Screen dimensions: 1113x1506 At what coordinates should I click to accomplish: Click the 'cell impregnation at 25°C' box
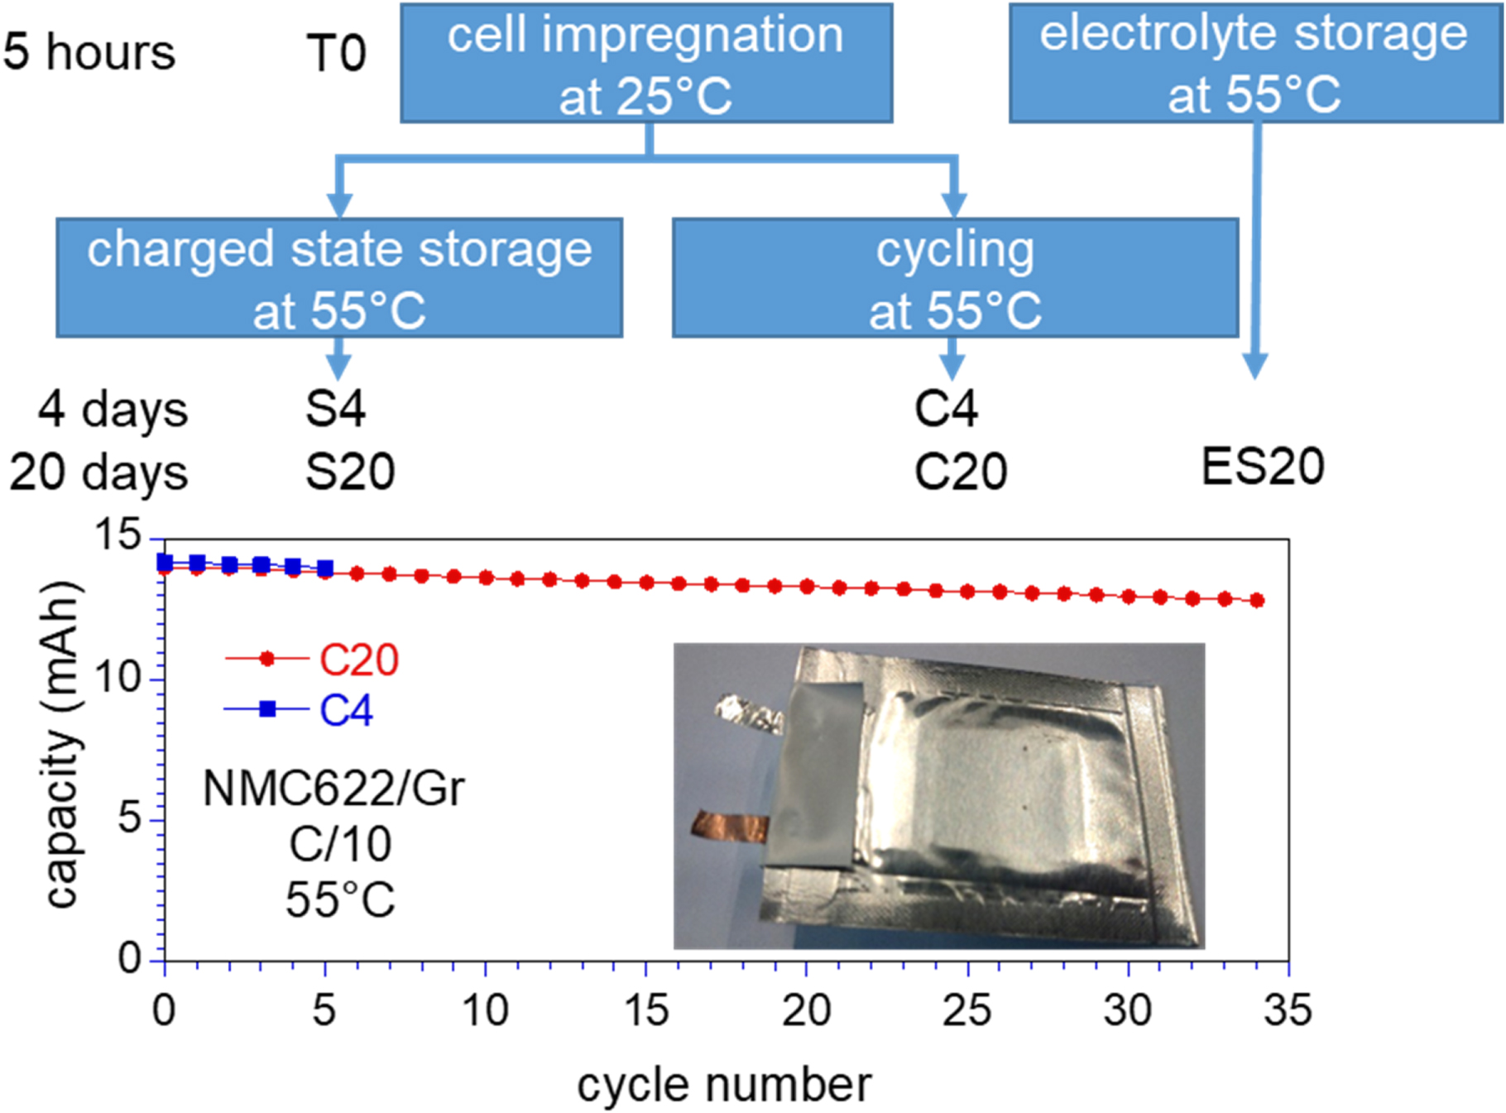click(646, 64)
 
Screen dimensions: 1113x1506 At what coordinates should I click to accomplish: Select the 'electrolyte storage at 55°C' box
click(1254, 63)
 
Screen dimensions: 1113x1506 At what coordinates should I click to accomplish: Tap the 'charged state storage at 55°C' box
click(339, 278)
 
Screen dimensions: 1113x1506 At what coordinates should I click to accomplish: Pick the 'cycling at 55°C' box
click(955, 278)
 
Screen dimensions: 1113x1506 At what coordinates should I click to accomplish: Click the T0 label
click(336, 54)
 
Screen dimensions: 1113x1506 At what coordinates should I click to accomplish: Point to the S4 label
click(335, 409)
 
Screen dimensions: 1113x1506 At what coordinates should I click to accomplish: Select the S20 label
click(350, 472)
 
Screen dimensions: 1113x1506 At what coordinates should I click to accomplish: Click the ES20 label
click(1263, 466)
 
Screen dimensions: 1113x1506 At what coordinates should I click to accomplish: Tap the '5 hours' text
click(89, 52)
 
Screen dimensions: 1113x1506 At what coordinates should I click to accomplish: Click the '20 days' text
click(99, 473)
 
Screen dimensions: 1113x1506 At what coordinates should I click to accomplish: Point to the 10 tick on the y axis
click(118, 679)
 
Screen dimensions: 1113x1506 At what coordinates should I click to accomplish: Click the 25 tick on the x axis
click(966, 1010)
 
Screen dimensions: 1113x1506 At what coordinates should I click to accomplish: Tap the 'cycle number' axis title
click(724, 1085)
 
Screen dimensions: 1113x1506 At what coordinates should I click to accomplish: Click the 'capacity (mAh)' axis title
click(64, 744)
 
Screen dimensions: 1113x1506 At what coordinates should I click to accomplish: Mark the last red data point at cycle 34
click(1257, 601)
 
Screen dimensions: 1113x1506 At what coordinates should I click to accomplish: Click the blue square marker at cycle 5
click(325, 568)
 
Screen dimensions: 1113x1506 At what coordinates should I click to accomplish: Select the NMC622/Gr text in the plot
click(333, 788)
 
